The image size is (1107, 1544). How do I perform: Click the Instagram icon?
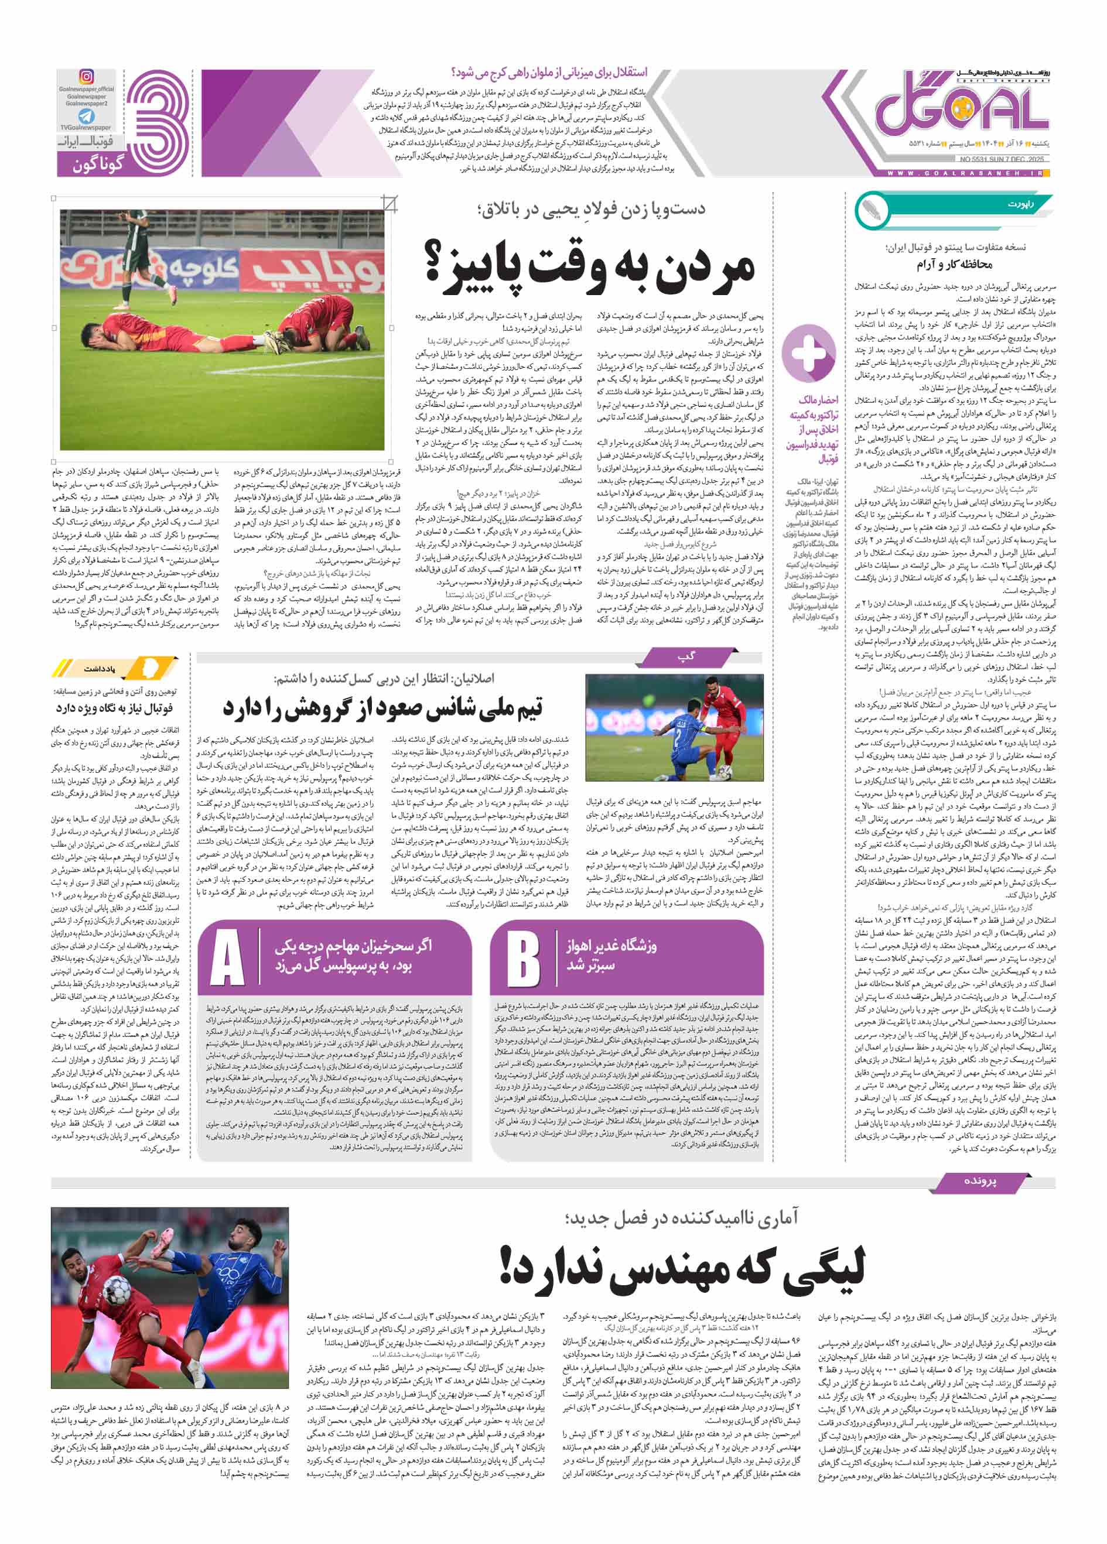87,76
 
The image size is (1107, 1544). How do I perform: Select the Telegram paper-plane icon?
87,116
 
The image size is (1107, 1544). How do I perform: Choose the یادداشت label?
100,669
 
